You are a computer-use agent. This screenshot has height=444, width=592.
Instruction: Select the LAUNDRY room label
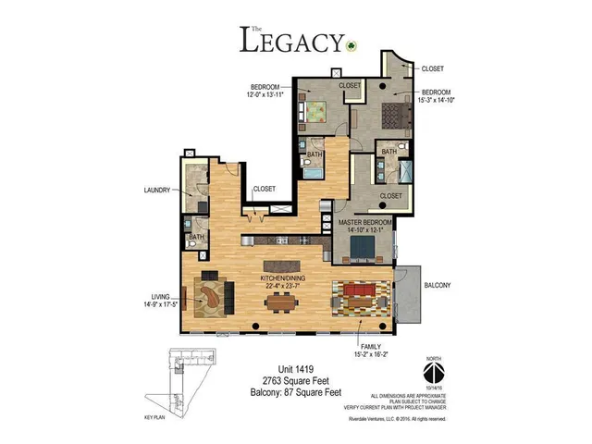pos(157,190)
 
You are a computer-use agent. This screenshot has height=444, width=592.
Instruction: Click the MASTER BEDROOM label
pos(366,223)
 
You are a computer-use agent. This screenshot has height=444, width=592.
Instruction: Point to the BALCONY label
pos(437,285)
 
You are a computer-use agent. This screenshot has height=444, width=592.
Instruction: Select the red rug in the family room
pos(363,299)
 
